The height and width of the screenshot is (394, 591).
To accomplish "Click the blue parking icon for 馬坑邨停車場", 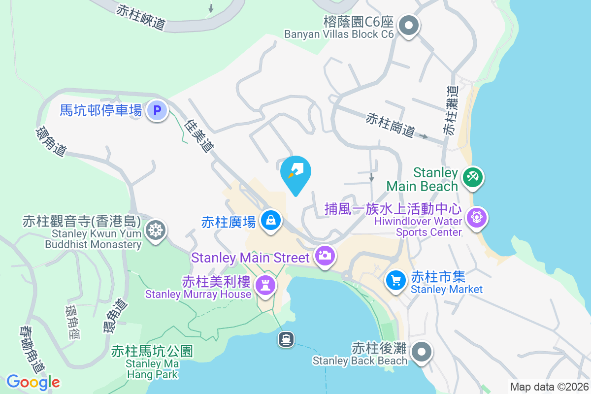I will coord(157,110).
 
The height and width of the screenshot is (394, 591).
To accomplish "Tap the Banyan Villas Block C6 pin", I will coord(408,25).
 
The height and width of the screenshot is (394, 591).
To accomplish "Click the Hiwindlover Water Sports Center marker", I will coord(476,217).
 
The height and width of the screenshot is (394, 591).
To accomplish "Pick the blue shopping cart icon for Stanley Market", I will coord(396,280).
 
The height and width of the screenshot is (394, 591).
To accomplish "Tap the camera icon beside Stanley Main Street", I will coord(325,255).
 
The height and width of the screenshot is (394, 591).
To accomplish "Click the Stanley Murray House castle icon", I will coord(265,285).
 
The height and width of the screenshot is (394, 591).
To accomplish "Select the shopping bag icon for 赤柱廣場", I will coord(270,219).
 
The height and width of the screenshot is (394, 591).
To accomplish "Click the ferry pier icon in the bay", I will coord(286,339).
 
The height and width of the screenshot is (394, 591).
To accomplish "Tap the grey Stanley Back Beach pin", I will coord(422,352).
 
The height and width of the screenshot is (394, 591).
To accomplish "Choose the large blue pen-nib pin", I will coord(296,172).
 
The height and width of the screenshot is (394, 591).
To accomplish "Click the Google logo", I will coord(33,382).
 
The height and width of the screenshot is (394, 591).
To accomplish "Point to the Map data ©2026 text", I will coord(549,387).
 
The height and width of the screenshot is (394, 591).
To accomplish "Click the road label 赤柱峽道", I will coord(140,17).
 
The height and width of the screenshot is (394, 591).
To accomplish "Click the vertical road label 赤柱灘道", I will coord(450,111).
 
